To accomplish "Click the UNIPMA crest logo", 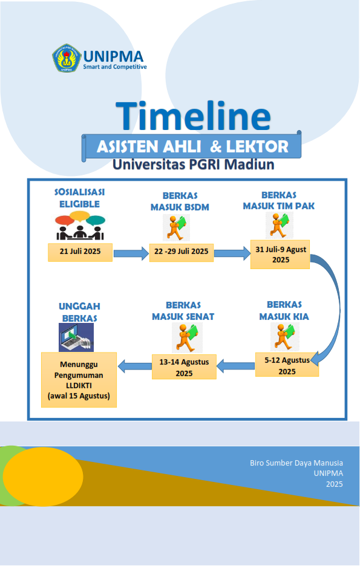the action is click(67, 58).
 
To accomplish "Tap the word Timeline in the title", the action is click(193, 116).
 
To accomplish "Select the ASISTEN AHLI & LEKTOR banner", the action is click(192, 146).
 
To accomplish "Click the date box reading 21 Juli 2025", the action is click(80, 252).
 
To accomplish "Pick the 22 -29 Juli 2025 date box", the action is click(182, 252).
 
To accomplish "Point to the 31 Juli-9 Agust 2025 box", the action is click(280, 255).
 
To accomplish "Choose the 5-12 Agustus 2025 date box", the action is click(287, 365).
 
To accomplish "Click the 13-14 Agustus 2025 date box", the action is click(184, 366).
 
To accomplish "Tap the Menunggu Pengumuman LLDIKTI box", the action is click(79, 380).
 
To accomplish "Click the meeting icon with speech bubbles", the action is click(80, 226).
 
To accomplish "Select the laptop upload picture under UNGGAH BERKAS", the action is click(76, 337).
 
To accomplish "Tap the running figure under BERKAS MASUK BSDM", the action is click(176, 228).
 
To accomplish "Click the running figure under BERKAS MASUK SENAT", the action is click(187, 338).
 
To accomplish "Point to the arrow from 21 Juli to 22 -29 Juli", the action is click(131, 253).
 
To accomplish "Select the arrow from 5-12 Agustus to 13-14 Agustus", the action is click(236, 366).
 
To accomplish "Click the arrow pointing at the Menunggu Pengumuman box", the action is click(135, 366).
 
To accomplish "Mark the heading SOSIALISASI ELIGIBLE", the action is click(79, 198).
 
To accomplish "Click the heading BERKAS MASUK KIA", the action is click(284, 310).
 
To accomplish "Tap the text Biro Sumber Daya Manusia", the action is click(296, 463).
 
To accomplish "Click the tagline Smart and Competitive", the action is click(115, 67).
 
